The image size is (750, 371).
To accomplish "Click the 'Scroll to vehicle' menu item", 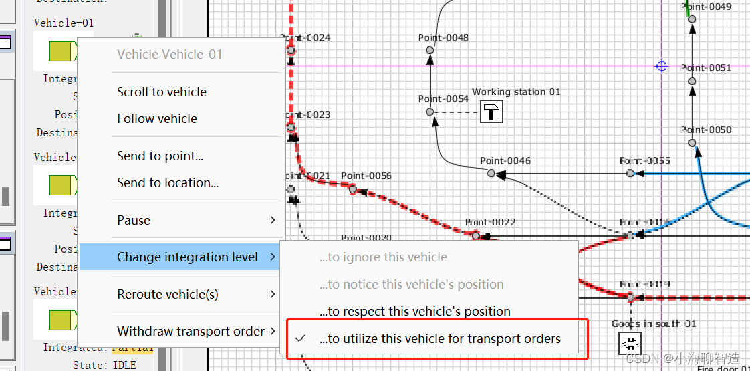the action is click(161, 92).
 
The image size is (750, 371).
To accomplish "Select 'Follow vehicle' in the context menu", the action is click(156, 119).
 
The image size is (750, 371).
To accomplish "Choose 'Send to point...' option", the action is click(160, 156).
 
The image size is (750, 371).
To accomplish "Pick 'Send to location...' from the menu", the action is click(167, 183).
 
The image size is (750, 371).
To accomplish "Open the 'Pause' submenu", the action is click(134, 221).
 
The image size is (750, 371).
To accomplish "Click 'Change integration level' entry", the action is click(187, 257).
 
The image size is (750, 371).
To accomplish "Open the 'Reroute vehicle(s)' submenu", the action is click(167, 295).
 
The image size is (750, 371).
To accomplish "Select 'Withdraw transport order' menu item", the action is click(191, 332).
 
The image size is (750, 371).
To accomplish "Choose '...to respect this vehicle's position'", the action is click(414, 312).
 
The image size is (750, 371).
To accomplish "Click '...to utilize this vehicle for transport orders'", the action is click(439, 339).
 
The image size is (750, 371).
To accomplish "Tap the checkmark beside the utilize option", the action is click(300, 339).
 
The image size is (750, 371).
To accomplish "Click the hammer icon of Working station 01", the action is click(492, 112).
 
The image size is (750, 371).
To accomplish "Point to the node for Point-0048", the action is click(430, 50).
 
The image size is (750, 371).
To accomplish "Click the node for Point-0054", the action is click(430, 112).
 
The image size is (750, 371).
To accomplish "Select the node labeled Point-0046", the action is click(491, 174).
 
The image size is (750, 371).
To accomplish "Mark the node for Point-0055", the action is click(630, 174).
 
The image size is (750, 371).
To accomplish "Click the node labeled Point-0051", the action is click(692, 81).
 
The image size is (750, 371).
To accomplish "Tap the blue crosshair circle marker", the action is click(661, 66).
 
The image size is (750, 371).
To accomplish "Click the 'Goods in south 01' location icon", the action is click(630, 344).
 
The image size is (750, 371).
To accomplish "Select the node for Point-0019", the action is click(630, 297).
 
